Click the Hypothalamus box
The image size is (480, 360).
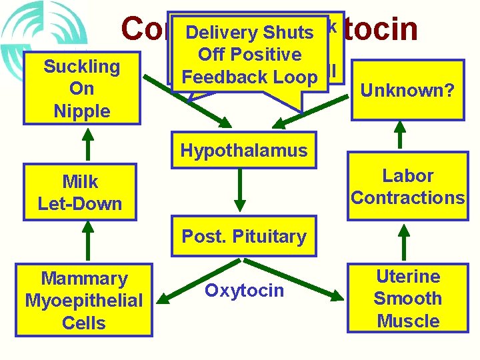(x=244, y=150)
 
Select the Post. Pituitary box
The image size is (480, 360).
(x=244, y=237)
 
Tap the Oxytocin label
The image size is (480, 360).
(x=244, y=291)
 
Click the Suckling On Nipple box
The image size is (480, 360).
(x=82, y=89)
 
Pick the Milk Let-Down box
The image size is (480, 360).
(x=81, y=193)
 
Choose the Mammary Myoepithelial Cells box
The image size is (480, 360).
(x=84, y=301)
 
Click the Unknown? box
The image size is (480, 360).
(x=407, y=89)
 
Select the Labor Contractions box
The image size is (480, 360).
(x=407, y=187)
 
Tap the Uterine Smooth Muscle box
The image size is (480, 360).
(x=407, y=299)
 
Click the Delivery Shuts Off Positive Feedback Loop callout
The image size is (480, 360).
(x=250, y=55)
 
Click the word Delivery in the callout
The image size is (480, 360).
(x=222, y=33)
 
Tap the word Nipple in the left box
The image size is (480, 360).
(x=82, y=111)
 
